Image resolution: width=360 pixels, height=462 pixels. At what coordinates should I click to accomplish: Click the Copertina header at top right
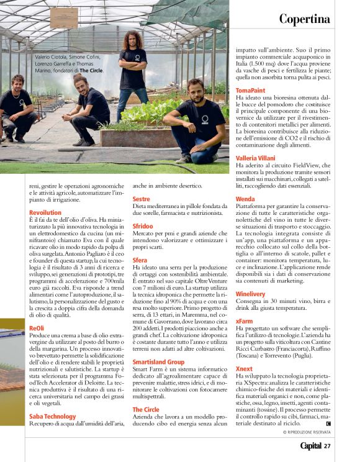click(x=304, y=19)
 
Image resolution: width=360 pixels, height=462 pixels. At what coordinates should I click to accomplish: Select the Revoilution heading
click(x=45, y=212)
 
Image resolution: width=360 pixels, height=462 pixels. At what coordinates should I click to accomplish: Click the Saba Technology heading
click(x=52, y=416)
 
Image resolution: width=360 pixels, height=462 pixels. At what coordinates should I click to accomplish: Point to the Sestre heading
click(x=142, y=199)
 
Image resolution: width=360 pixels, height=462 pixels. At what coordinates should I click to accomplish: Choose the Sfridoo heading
click(x=143, y=226)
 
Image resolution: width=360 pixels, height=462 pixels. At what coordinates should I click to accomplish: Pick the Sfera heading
click(x=140, y=260)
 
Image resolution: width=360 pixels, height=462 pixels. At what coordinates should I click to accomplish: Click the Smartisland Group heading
click(x=158, y=361)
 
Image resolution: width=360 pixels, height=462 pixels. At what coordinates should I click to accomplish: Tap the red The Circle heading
click(x=146, y=410)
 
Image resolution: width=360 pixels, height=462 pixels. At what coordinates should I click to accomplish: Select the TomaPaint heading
click(x=251, y=90)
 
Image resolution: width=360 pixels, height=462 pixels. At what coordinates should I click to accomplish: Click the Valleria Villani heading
click(x=256, y=158)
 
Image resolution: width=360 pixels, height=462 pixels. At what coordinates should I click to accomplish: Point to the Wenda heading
click(x=245, y=199)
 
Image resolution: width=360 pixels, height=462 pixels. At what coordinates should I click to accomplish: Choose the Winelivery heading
click(x=251, y=294)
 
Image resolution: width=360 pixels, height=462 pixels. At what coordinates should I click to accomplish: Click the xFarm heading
click(x=245, y=321)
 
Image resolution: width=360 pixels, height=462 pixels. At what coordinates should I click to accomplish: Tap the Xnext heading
click(x=245, y=369)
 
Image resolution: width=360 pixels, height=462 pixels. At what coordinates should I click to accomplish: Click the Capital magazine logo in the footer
click(x=310, y=446)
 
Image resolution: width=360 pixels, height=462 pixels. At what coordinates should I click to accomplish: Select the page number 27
click(x=327, y=446)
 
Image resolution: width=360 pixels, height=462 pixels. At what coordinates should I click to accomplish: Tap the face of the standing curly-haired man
click(x=133, y=40)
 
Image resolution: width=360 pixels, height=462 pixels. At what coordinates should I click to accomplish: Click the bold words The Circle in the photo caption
click(x=91, y=71)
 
